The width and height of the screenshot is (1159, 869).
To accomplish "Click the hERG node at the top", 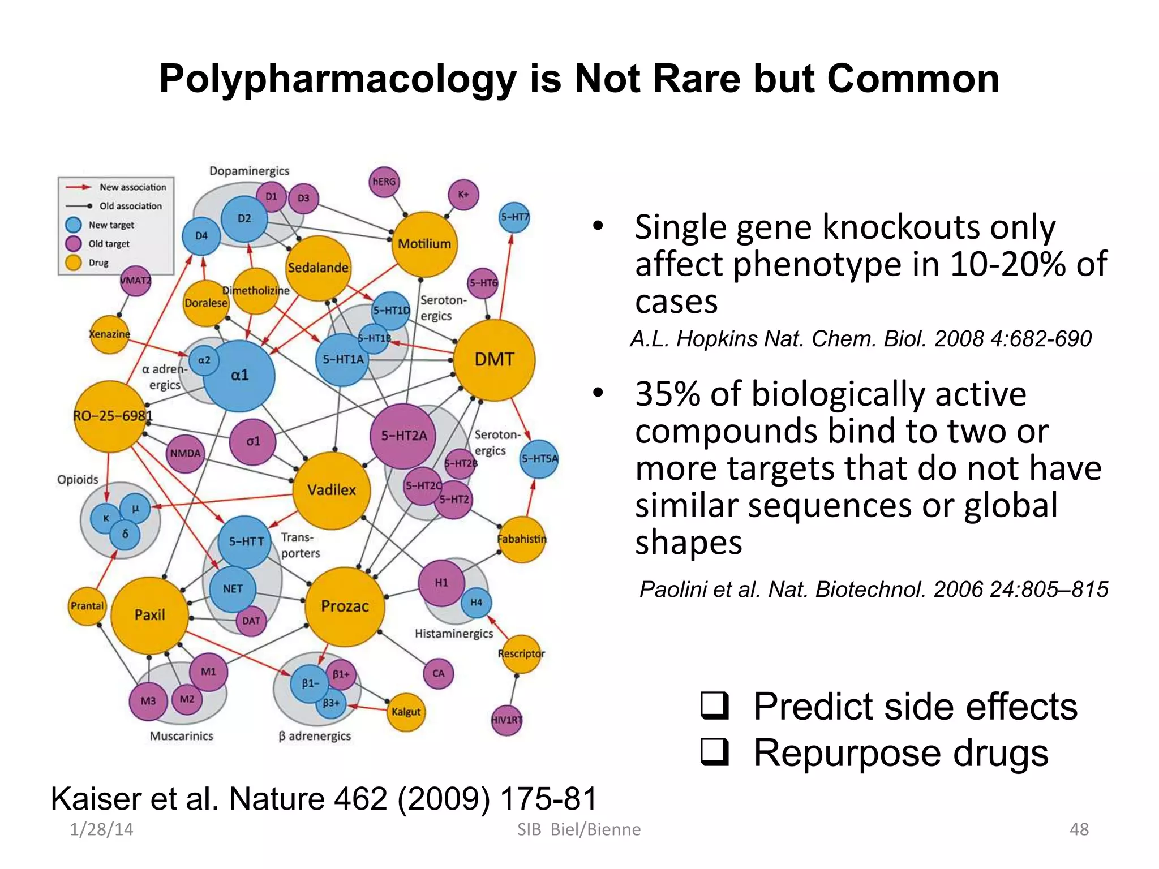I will [384, 182].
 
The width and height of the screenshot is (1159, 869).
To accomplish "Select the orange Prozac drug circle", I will [345, 606].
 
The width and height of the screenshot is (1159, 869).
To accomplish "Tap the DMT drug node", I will [494, 360].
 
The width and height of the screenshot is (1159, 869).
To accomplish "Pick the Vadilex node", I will [332, 490].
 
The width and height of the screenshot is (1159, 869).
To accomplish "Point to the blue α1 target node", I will [239, 375].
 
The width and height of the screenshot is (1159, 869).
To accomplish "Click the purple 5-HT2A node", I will [403, 436].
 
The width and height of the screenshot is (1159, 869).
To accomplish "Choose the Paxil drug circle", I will [149, 615].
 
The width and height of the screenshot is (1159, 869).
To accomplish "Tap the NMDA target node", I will [186, 454].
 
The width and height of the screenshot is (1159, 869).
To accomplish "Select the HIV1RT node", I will [506, 720].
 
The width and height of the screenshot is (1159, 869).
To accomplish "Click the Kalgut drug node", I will [406, 712].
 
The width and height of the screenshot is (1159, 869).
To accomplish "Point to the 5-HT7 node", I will [514, 217].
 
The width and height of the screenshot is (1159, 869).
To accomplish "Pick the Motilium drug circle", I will [424, 244].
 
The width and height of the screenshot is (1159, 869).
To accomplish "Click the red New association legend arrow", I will [78, 187].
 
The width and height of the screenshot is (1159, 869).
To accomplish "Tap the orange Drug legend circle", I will [74, 263].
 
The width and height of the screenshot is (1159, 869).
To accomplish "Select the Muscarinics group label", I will [181, 736].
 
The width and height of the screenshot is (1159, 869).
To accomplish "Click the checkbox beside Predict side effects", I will [714, 705].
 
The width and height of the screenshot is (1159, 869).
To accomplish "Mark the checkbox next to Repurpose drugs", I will [714, 752].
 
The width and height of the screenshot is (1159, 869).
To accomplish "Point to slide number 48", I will [1079, 829].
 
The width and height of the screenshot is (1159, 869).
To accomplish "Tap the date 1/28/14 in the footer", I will [101, 829].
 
